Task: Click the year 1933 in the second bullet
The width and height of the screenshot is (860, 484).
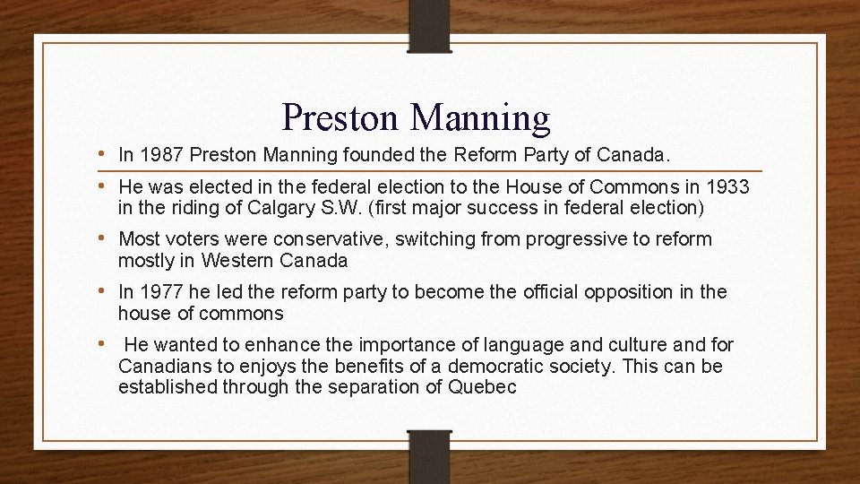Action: click(x=727, y=186)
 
